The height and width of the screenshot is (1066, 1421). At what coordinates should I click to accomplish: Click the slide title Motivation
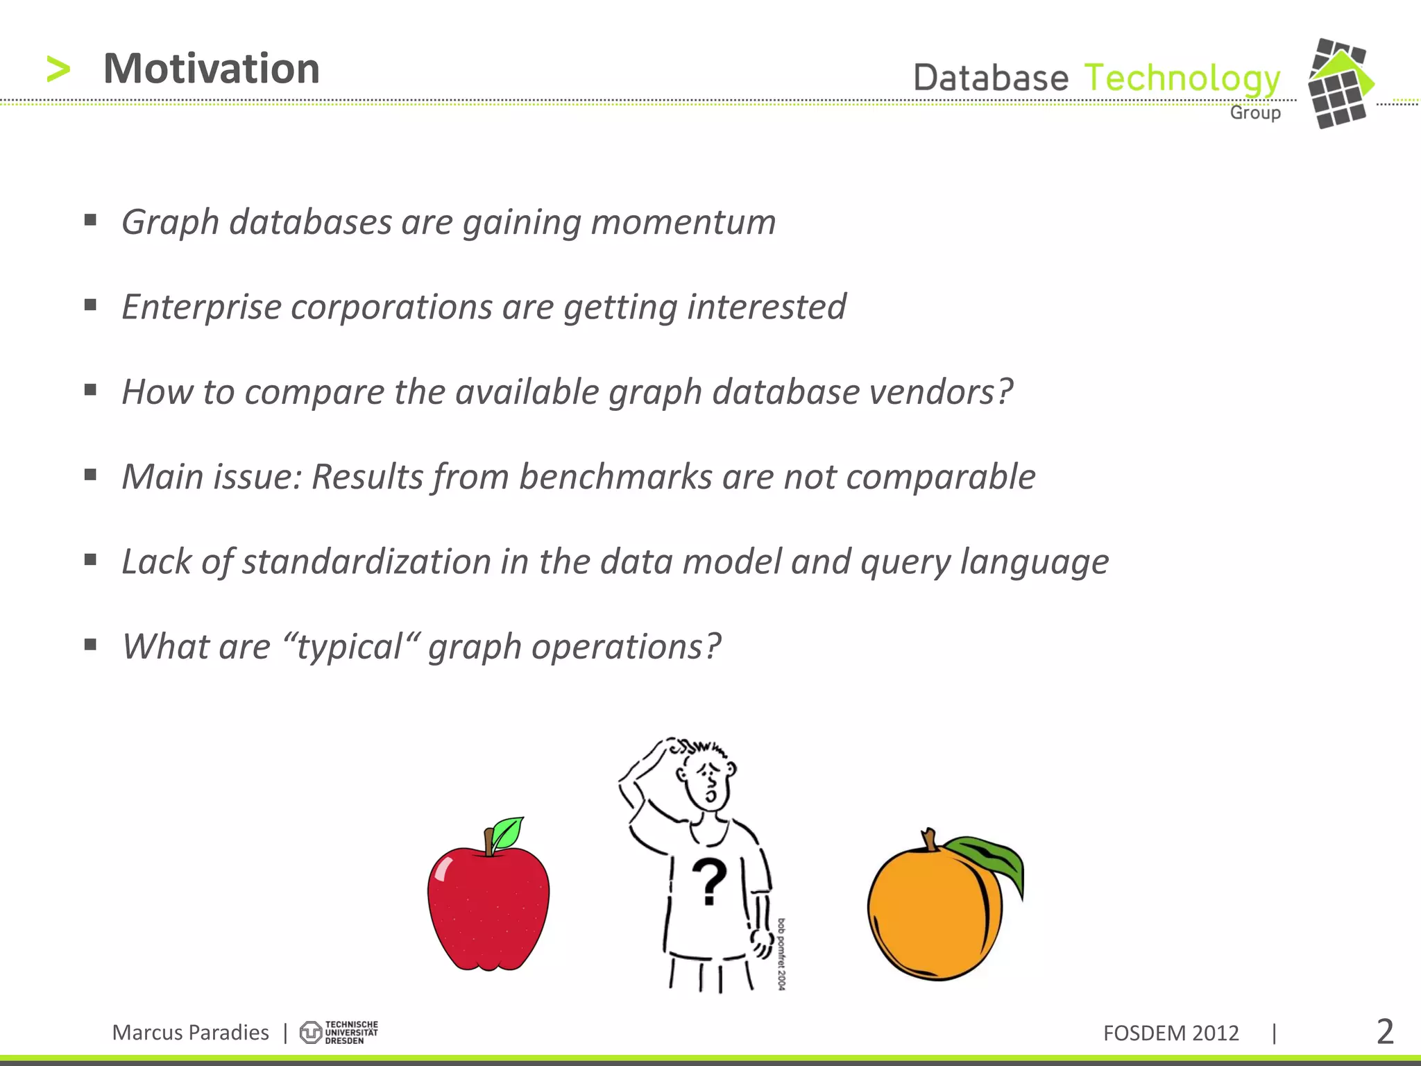tap(211, 69)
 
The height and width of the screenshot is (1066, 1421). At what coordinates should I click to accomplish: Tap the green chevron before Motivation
tap(58, 69)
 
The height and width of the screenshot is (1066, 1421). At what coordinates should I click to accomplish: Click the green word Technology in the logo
tap(1182, 78)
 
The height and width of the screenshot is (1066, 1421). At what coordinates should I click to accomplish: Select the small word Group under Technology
tap(1254, 112)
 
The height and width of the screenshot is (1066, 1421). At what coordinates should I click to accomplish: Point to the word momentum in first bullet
tap(683, 222)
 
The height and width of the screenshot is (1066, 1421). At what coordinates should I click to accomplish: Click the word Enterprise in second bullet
tap(201, 307)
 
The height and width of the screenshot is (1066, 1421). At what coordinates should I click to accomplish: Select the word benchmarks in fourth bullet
tap(615, 477)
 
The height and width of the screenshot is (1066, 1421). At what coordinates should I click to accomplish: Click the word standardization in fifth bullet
tap(366, 561)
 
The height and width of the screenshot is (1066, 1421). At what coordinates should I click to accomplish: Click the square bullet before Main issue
tap(90, 475)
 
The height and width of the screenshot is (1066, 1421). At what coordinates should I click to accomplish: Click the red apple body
tap(488, 909)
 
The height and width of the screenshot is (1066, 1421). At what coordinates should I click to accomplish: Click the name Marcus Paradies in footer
tap(190, 1033)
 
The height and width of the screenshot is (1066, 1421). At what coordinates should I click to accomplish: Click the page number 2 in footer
tap(1384, 1032)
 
